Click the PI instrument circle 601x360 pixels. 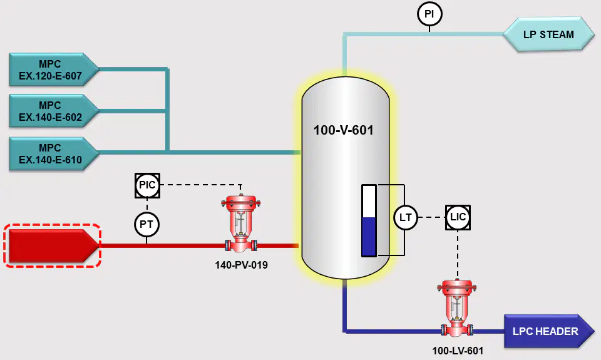click(429, 14)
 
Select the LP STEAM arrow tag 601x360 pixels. click(548, 34)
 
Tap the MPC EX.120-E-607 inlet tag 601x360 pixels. click(54, 69)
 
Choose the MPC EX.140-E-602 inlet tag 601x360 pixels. click(54, 111)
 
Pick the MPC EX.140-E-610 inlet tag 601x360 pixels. click(54, 153)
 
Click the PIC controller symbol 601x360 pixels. click(147, 185)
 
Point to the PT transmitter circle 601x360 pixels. click(146, 224)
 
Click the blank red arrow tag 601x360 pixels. click(53, 246)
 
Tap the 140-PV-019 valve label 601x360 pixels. click(241, 265)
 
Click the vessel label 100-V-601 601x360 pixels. click(344, 130)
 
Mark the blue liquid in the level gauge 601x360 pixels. click(369, 236)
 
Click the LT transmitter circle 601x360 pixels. click(406, 217)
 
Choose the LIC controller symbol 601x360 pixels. click(458, 217)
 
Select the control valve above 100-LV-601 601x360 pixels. click(456, 308)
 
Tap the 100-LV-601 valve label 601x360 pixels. click(458, 351)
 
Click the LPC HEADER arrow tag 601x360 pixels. click(549, 331)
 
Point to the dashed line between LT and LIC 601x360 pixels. click(431, 217)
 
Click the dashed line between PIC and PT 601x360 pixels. click(146, 205)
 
